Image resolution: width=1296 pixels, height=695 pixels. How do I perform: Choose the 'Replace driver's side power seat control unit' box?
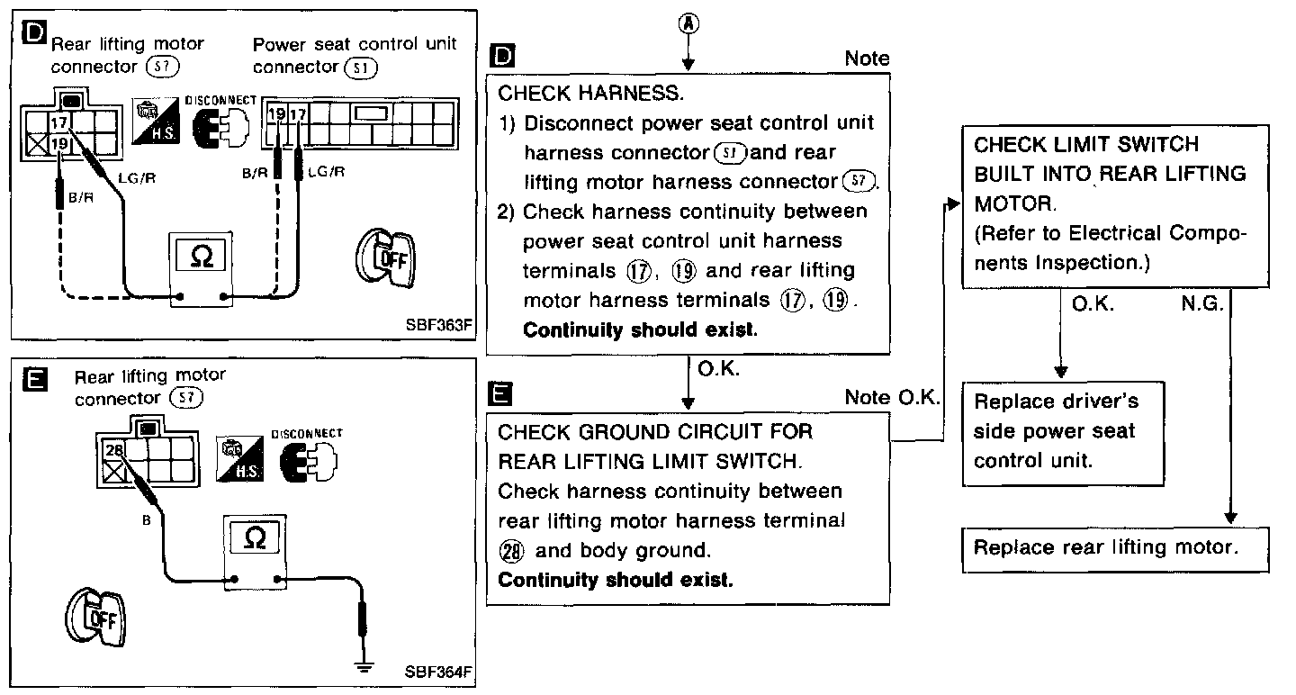[x=1062, y=432]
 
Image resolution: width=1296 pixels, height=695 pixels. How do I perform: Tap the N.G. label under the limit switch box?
[x=1201, y=304]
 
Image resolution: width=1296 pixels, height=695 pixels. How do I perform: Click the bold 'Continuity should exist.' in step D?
[x=640, y=329]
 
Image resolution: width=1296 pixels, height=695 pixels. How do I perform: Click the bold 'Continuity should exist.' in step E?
[x=616, y=579]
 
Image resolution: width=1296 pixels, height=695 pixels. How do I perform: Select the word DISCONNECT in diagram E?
[x=307, y=434]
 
